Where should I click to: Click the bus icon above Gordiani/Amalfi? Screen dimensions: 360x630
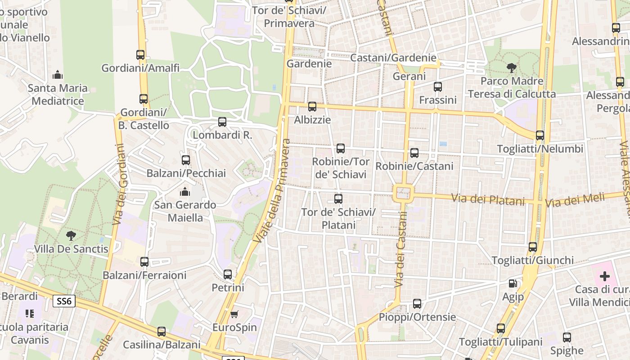(140, 55)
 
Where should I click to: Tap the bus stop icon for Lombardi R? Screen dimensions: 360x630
(222, 121)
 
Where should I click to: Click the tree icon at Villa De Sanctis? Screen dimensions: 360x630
(71, 235)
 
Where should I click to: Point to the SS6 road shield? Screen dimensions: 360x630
(64, 301)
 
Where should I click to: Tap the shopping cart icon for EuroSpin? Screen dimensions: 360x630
(234, 314)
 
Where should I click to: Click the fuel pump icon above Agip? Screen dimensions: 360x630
(513, 283)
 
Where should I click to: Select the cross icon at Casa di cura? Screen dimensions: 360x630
(604, 276)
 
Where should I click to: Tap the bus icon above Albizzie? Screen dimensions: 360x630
(312, 107)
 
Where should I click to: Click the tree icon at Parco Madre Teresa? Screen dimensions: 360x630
(511, 68)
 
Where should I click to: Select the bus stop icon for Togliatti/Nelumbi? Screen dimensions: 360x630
(540, 135)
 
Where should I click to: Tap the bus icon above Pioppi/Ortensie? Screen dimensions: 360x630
(417, 304)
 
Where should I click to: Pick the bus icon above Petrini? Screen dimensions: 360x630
(228, 274)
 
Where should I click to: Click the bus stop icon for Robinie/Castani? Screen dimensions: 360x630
(414, 153)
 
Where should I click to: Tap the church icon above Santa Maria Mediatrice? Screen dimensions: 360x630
(57, 74)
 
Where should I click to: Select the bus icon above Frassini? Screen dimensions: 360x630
(437, 86)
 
